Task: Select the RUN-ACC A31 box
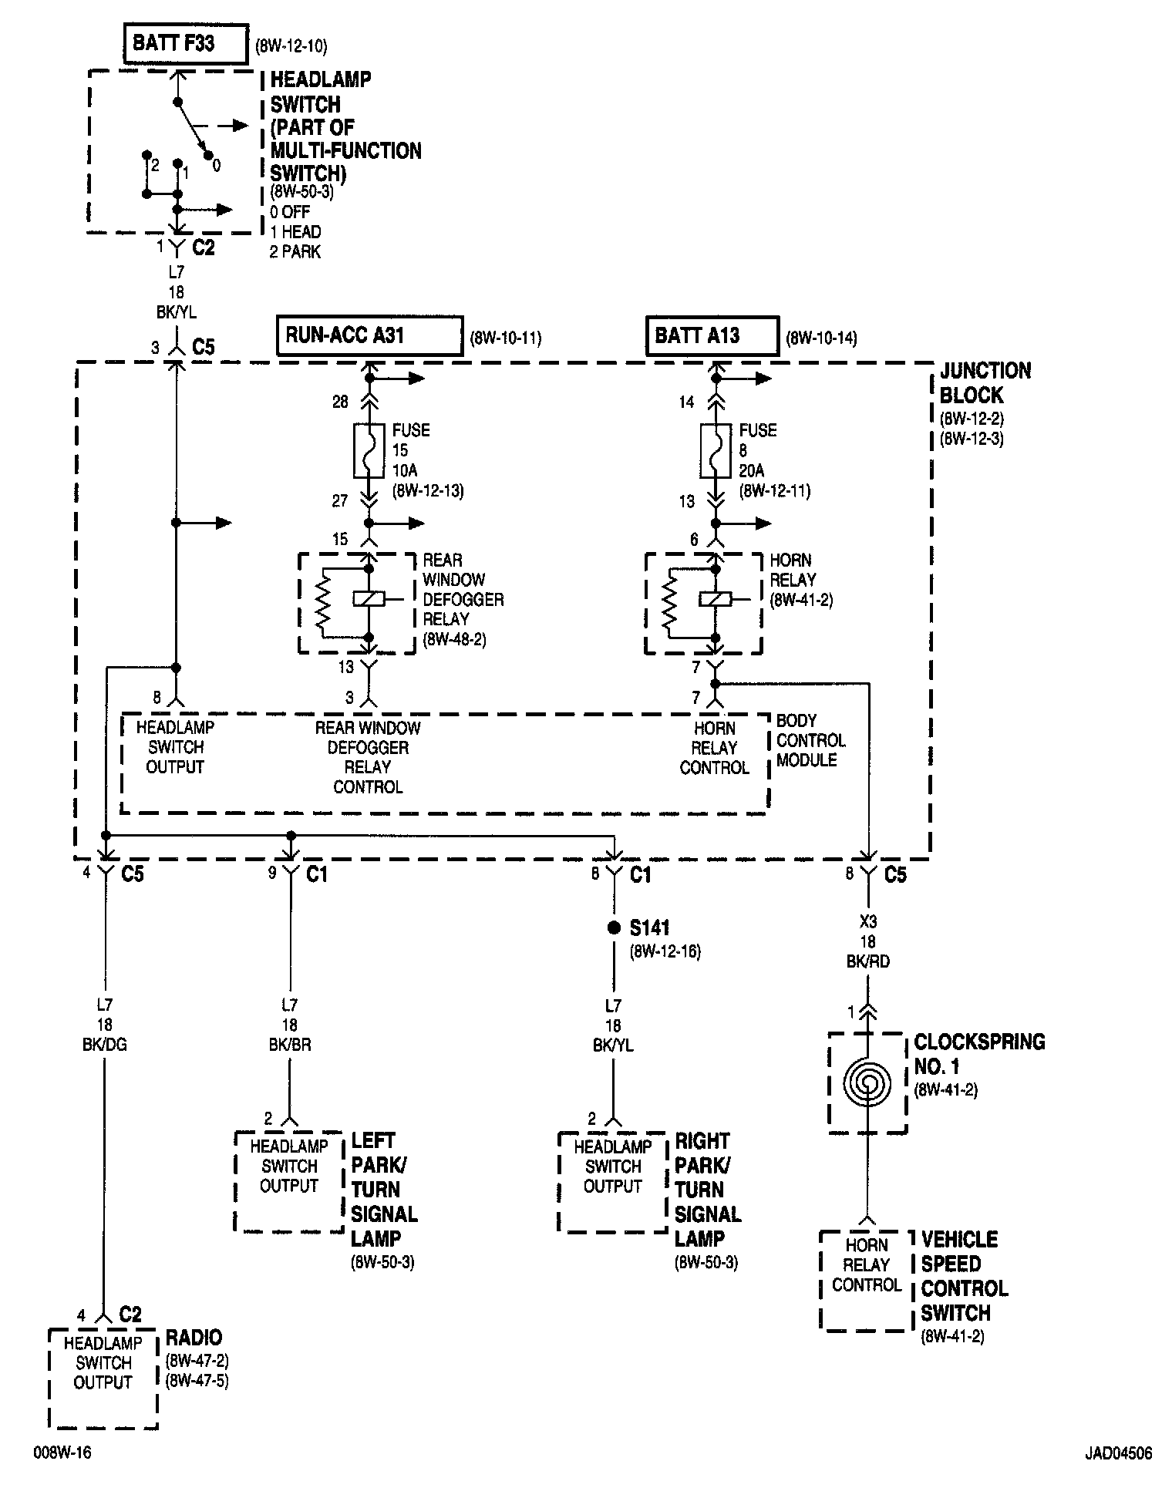(x=369, y=335)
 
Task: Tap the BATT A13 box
(x=712, y=335)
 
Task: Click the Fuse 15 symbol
(x=369, y=450)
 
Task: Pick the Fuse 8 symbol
(x=716, y=450)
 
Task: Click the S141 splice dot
(x=614, y=927)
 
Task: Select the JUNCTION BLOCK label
(x=985, y=383)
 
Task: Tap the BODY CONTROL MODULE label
(x=810, y=740)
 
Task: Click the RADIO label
(x=194, y=1338)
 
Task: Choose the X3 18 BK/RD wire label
(x=867, y=941)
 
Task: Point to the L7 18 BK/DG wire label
(x=104, y=1025)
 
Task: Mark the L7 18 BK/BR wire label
(x=289, y=1025)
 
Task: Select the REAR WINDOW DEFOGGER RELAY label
(x=463, y=590)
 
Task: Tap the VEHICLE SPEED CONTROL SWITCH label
(x=964, y=1276)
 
